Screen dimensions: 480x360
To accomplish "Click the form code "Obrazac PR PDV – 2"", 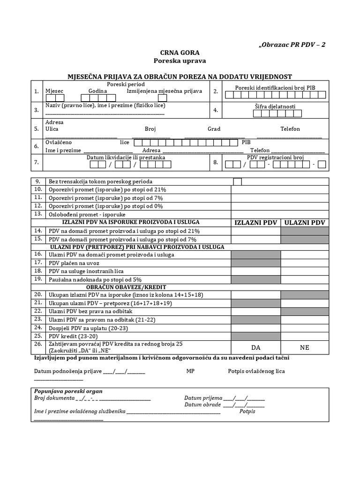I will [x=292, y=45].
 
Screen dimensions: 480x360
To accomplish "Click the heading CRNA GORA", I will [x=180, y=52].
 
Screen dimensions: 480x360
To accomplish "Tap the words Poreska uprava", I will [x=180, y=61].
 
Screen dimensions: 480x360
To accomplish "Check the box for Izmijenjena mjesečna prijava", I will [x=162, y=98].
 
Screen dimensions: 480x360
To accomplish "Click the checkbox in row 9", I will [x=238, y=181].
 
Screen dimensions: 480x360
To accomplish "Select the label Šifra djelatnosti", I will [x=275, y=106].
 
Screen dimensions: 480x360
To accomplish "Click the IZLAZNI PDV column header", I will [x=255, y=222].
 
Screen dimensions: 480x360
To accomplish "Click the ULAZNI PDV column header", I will [x=305, y=222].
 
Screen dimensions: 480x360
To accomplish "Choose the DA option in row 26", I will [x=255, y=347].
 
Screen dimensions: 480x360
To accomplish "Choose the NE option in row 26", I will [x=305, y=347].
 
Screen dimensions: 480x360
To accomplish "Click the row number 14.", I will [x=37, y=231].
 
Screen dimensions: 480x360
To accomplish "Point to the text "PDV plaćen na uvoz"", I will [x=74, y=263].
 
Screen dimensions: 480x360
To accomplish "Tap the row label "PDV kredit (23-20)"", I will [x=73, y=336].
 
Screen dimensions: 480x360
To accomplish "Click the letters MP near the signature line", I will [x=190, y=371].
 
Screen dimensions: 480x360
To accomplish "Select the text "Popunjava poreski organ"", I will [x=68, y=391].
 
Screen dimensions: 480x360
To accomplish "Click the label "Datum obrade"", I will [x=202, y=405].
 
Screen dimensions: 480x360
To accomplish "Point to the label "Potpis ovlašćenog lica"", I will [x=256, y=371].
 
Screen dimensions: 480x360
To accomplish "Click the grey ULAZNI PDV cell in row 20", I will [x=305, y=295].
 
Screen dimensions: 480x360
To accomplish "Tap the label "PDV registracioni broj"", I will [x=276, y=157].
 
